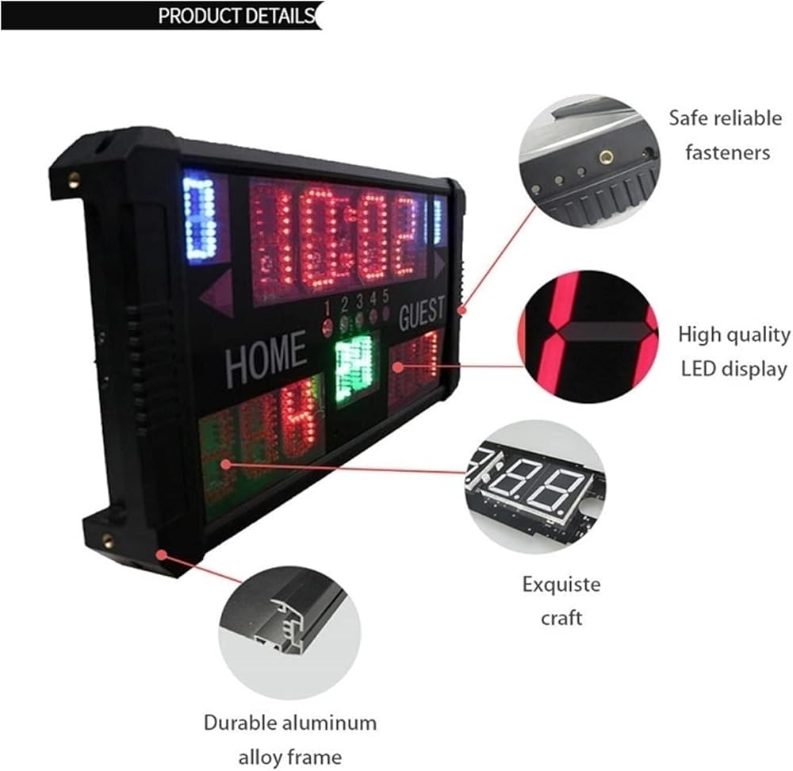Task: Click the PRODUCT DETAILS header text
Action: tap(236, 16)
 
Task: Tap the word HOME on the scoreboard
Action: tap(266, 359)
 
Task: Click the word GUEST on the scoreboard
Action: tap(421, 313)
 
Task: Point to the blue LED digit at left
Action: tap(200, 217)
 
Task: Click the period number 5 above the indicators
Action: tap(386, 297)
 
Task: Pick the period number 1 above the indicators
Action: tap(326, 305)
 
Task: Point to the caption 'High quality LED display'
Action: tap(734, 351)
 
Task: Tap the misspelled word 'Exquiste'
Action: tap(561, 585)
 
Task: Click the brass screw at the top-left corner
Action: tap(75, 178)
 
